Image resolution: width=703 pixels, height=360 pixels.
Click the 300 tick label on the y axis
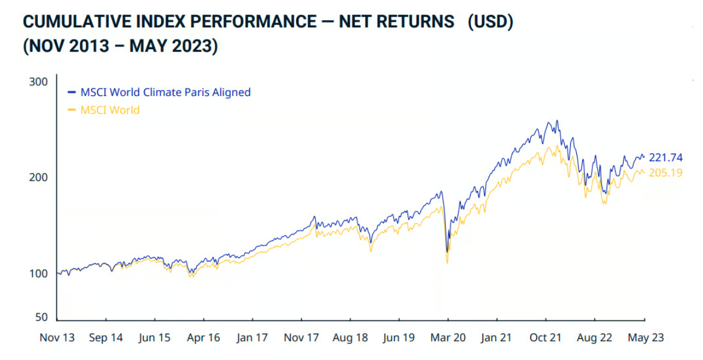tap(38, 82)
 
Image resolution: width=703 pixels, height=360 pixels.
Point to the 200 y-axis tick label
tap(38, 178)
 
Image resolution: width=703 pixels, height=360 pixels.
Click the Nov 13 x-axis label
tap(57, 338)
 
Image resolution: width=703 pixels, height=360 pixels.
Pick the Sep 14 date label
tap(106, 338)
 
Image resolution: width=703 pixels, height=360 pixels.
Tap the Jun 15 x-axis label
tap(155, 338)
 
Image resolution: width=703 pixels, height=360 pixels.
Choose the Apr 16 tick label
tap(203, 338)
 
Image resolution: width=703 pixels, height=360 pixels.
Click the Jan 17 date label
tap(252, 338)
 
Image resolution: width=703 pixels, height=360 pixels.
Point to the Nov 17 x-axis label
tap(301, 338)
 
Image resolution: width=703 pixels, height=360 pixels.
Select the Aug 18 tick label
tap(351, 338)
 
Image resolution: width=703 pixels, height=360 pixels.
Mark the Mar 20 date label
tap(448, 338)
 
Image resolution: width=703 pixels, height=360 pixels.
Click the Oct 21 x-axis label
tap(545, 338)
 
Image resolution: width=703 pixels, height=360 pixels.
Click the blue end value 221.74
tap(666, 157)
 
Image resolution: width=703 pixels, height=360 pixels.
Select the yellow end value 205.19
tap(666, 173)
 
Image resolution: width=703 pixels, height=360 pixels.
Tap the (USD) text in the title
tap(490, 22)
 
